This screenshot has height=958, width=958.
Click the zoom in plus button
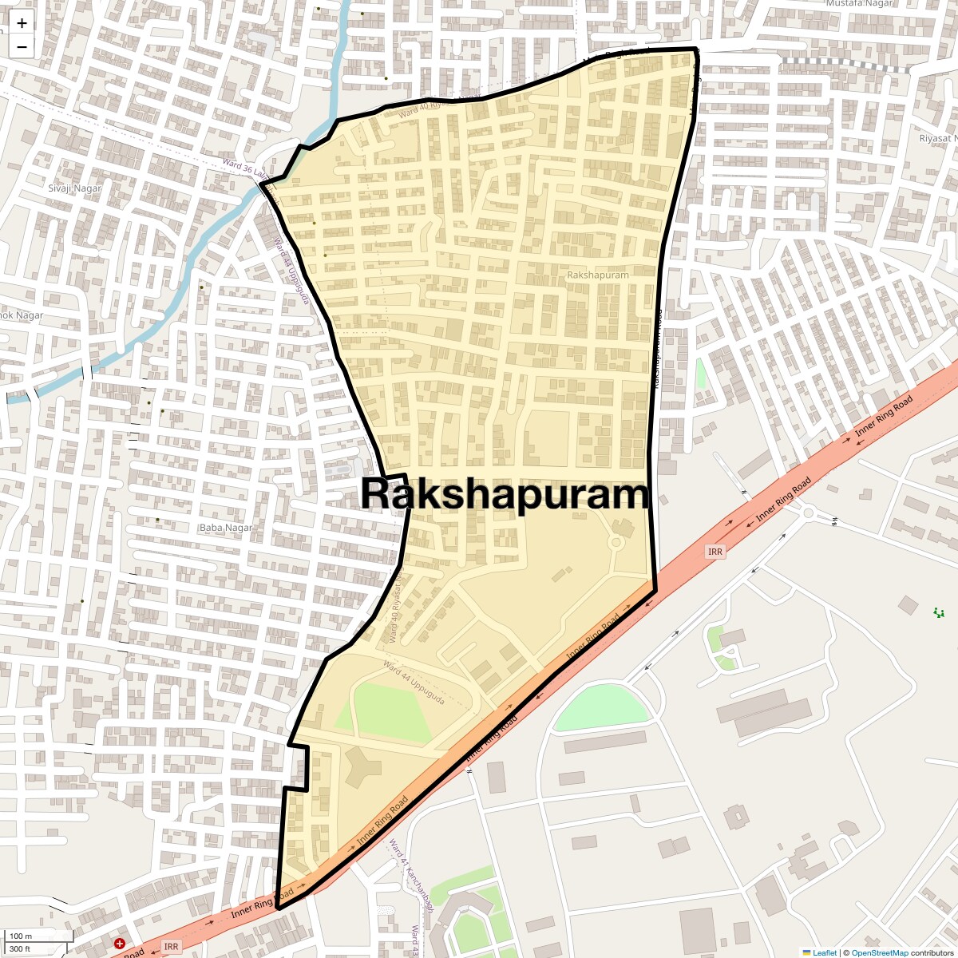[x=22, y=23]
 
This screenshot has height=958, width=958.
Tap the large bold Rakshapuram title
[x=505, y=494]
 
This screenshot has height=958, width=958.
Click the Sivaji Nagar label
[x=75, y=188]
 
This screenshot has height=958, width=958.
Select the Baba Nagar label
[x=225, y=528]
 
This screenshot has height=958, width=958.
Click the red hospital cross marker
[x=120, y=943]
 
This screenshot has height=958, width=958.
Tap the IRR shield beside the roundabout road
[x=715, y=552]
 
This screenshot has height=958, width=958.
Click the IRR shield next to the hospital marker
[x=171, y=946]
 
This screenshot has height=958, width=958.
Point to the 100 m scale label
[x=22, y=936]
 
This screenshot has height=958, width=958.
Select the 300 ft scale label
[x=21, y=948]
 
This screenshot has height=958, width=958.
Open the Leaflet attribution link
[x=825, y=952]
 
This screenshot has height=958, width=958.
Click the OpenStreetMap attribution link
[x=879, y=952]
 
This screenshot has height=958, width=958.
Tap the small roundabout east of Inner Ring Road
[x=808, y=513]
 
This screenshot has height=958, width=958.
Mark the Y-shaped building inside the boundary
[x=362, y=768]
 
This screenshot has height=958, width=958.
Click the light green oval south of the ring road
[x=600, y=707]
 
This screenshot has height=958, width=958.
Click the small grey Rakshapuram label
[x=597, y=275]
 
